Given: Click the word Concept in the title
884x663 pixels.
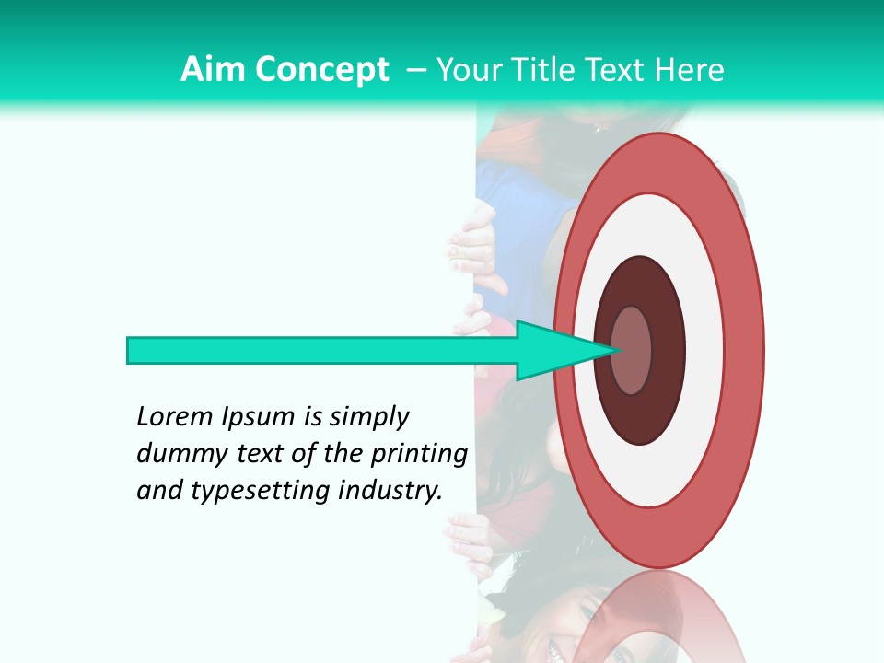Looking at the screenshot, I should pyautogui.click(x=321, y=70).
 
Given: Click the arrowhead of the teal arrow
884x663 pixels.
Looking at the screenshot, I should pyautogui.click(x=562, y=350).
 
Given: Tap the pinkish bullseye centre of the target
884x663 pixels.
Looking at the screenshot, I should pyautogui.click(x=632, y=350).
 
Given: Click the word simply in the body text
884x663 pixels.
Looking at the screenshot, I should pyautogui.click(x=368, y=417).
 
